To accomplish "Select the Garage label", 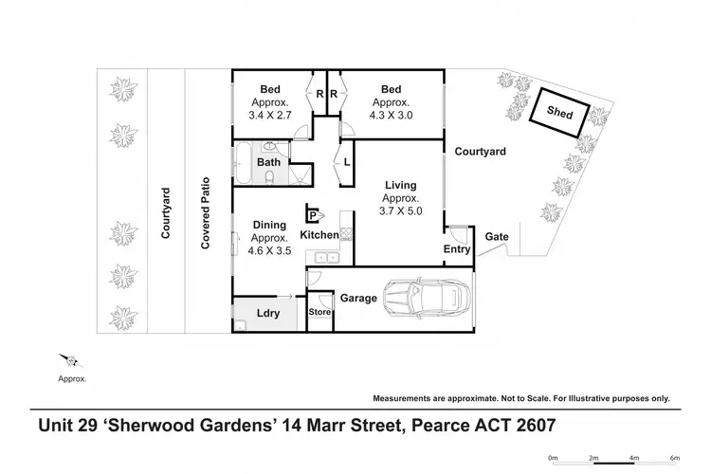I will [x=359, y=298].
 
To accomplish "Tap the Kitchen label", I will [x=319, y=234].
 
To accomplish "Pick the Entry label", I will [x=457, y=249].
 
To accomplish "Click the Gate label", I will [x=495, y=236].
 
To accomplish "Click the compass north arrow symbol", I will [x=70, y=360].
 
